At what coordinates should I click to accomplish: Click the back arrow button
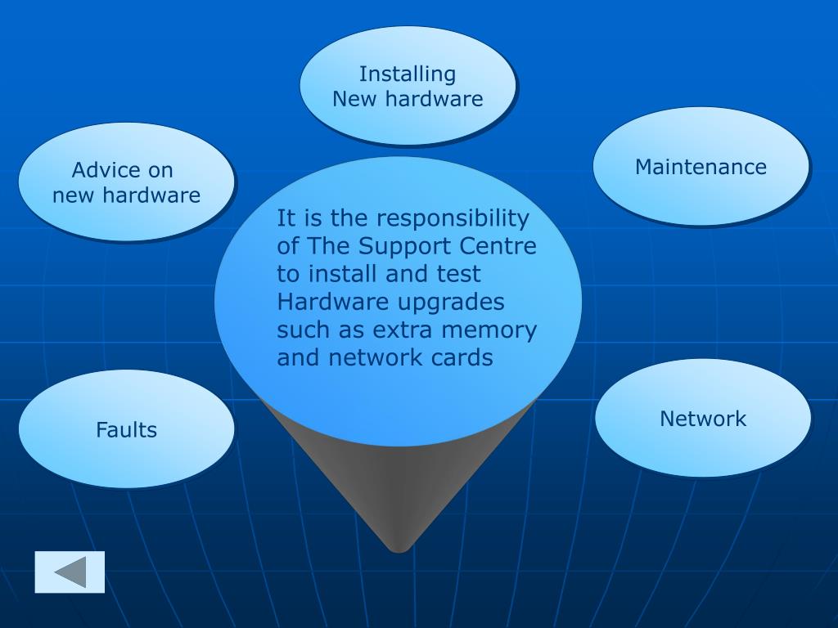click(x=70, y=572)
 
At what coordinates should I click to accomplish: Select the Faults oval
click(x=126, y=429)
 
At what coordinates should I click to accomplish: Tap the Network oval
click(x=703, y=419)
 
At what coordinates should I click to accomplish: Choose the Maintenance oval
click(x=701, y=167)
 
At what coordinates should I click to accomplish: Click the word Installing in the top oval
click(x=408, y=74)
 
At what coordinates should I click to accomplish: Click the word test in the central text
click(x=459, y=274)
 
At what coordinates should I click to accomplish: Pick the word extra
click(x=403, y=330)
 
